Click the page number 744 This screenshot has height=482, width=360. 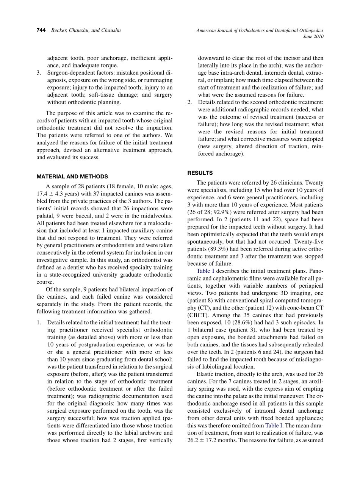click(x=42, y=30)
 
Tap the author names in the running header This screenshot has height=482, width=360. click(x=86, y=30)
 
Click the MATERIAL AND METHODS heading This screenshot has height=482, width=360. click(x=72, y=177)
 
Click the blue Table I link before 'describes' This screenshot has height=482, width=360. click(x=206, y=271)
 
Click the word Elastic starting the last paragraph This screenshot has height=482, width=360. click(x=205, y=374)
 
